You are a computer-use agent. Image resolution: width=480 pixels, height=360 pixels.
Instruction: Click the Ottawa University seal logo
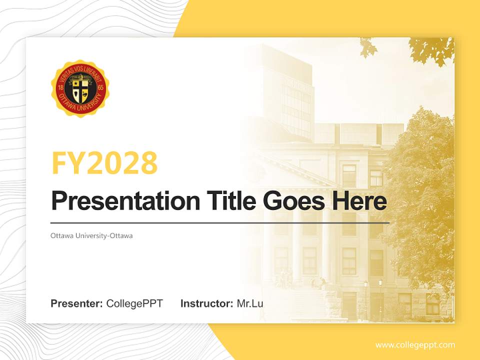pyautogui.click(x=80, y=88)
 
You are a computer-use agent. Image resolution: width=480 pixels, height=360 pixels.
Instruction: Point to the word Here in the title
pyautogui.click(x=359, y=201)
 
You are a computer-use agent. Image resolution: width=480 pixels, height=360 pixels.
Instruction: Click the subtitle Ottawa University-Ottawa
pyautogui.click(x=91, y=235)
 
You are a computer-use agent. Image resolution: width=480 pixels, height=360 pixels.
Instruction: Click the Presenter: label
pyautogui.click(x=76, y=303)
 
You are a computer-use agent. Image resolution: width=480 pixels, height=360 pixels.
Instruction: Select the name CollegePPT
pyautogui.click(x=134, y=303)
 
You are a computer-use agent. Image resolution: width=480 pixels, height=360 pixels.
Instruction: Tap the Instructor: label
pyautogui.click(x=206, y=303)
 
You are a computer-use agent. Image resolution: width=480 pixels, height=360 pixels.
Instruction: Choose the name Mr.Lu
pyautogui.click(x=250, y=303)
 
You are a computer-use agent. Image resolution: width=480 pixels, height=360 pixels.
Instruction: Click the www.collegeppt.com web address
pyautogui.click(x=415, y=345)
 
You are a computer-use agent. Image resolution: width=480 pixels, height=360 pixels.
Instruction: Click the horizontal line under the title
pyautogui.click(x=220, y=222)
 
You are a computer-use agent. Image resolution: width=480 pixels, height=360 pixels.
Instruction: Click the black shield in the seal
pyautogui.click(x=80, y=89)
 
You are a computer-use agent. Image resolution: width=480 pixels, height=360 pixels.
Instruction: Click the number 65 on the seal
pyautogui.click(x=100, y=88)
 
